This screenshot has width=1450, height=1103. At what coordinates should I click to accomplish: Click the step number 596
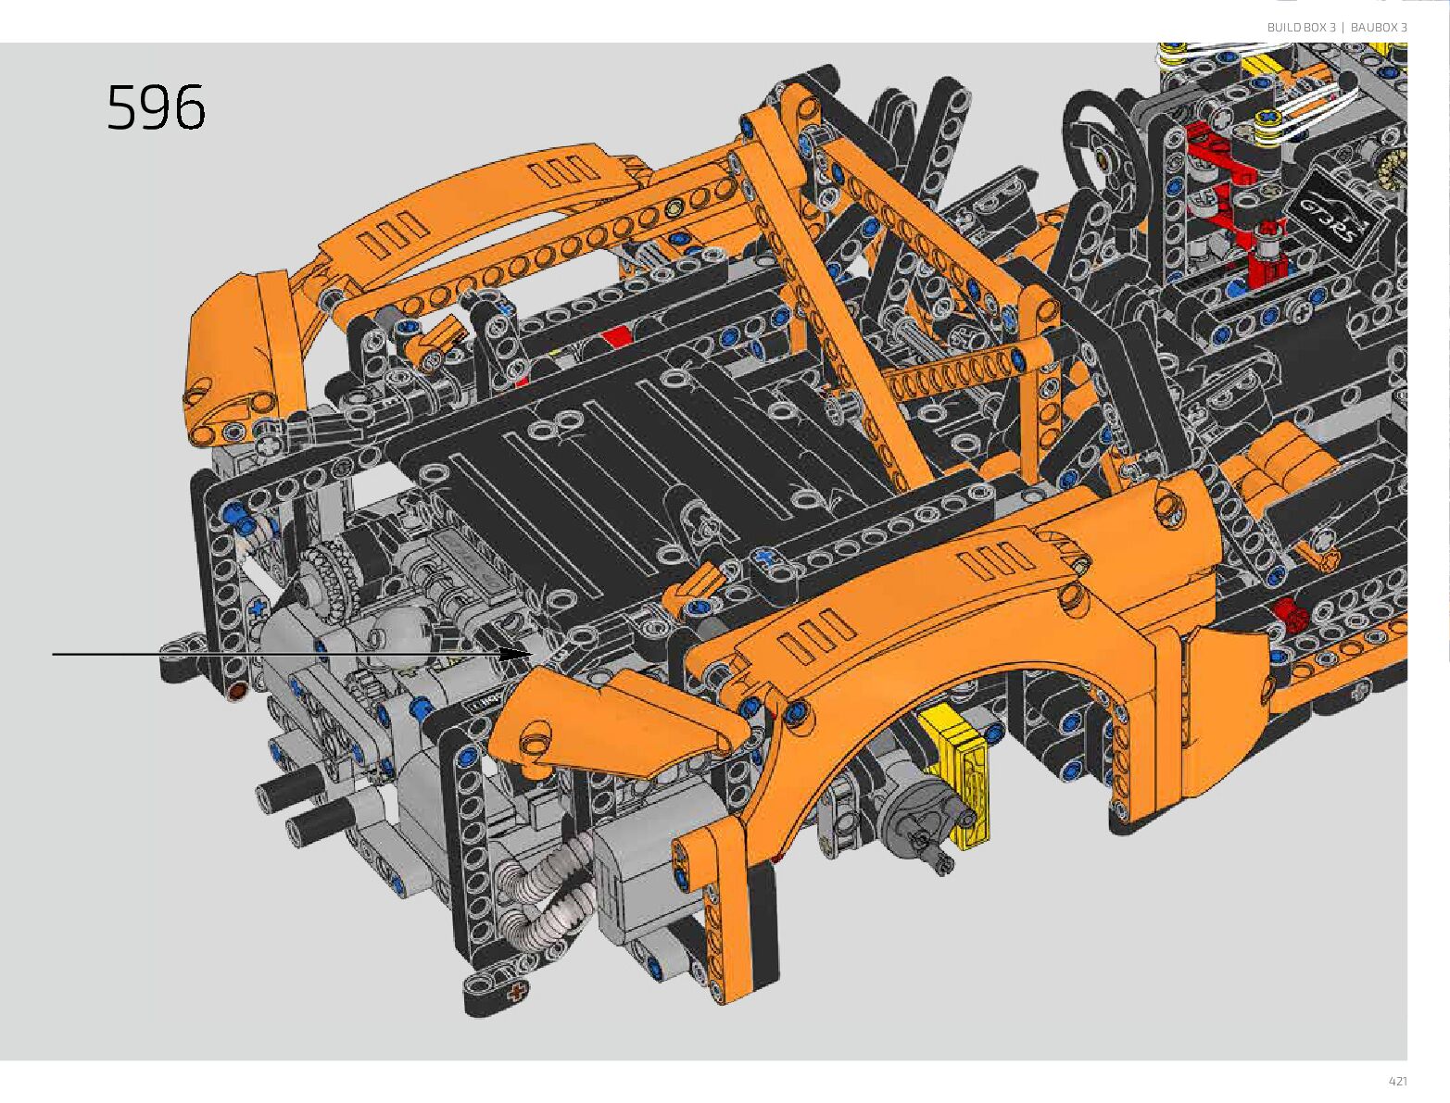156,107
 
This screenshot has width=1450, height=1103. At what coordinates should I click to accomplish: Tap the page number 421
1397,1081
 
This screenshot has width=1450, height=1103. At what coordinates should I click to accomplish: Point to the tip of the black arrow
533,654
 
